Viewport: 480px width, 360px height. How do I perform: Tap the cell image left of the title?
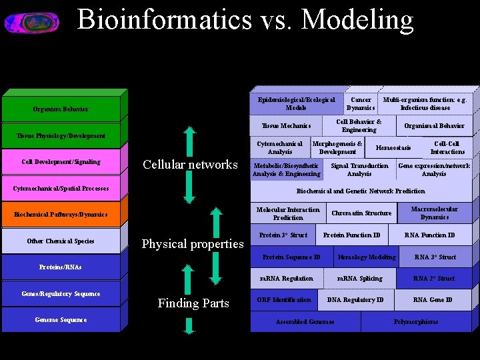tap(31, 23)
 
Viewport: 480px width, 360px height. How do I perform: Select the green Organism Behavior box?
tap(61, 109)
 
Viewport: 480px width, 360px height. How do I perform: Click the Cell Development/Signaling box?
tap(61, 162)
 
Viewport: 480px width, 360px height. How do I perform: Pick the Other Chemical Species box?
tap(61, 241)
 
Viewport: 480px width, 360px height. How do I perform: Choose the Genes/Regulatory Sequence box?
tap(61, 294)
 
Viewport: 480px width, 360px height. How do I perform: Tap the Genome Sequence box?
tap(61, 320)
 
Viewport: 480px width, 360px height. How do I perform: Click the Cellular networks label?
tap(190, 165)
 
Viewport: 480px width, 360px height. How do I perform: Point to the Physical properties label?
tap(193, 244)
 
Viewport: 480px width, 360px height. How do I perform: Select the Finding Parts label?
tap(193, 303)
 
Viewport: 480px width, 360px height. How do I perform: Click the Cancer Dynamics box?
tap(361, 104)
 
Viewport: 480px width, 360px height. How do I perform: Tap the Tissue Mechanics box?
tap(286, 126)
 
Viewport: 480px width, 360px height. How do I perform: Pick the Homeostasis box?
tap(393, 148)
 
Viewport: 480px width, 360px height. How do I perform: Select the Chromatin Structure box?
tap(361, 213)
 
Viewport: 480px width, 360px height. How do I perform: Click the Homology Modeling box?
tap(367, 257)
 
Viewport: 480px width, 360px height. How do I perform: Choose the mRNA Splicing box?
tap(360, 279)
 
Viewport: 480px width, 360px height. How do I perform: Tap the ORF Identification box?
tap(284, 300)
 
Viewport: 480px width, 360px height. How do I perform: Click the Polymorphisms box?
tap(416, 322)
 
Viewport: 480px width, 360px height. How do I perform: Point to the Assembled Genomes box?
tap(305, 322)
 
